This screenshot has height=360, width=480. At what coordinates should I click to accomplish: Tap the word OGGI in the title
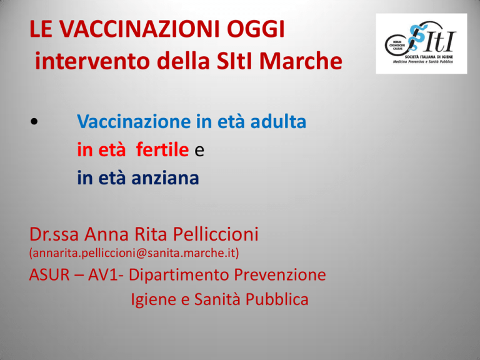[x=256, y=29]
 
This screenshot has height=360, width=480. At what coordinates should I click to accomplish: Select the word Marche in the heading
[x=301, y=61]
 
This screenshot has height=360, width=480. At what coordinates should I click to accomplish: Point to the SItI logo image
[x=421, y=44]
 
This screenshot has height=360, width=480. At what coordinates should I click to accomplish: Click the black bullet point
[x=34, y=121]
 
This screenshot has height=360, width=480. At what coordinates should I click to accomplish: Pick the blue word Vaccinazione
[x=134, y=121]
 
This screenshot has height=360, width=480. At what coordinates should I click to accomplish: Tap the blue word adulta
[x=278, y=121]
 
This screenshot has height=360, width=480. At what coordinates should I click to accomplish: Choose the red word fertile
[x=162, y=150]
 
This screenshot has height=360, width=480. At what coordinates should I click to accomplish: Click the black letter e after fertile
[x=199, y=151]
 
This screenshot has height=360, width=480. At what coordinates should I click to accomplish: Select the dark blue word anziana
[x=165, y=178]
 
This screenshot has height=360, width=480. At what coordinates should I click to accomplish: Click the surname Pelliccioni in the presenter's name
[x=216, y=234]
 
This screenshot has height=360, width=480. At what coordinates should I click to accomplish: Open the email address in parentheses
[x=134, y=253]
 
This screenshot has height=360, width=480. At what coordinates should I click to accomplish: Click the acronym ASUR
[x=49, y=274]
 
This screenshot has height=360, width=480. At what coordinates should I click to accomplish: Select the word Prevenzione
[x=280, y=274]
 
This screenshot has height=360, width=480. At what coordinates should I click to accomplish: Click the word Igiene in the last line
[x=153, y=300]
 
